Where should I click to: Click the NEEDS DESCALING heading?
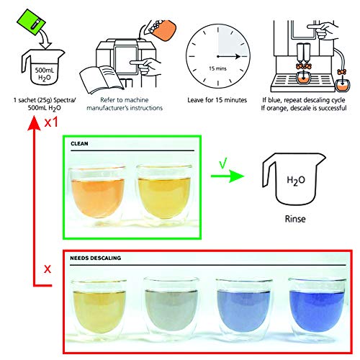coord(96,257)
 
